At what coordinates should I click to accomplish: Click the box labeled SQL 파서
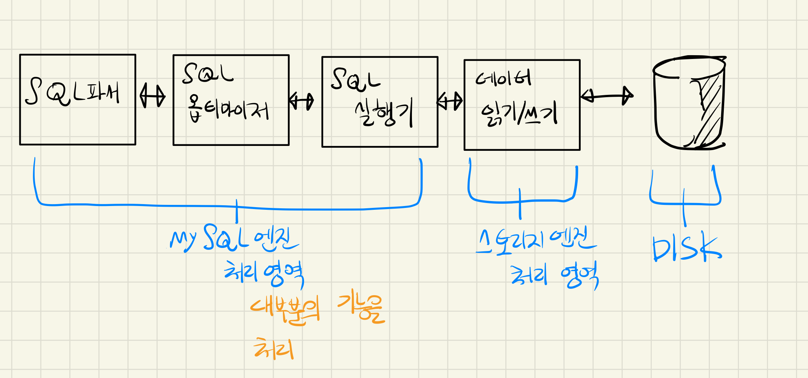pos(77,99)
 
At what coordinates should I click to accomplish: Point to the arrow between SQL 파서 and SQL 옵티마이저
pos(152,96)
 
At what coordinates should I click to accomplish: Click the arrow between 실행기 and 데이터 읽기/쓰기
pos(450,101)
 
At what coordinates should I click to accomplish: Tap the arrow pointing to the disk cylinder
pos(607,96)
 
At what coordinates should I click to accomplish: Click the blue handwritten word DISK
pos(686,248)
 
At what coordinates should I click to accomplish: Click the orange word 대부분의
pos(285,310)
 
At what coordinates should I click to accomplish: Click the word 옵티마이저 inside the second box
pos(228,110)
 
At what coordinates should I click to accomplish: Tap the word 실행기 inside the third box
pos(383,113)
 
